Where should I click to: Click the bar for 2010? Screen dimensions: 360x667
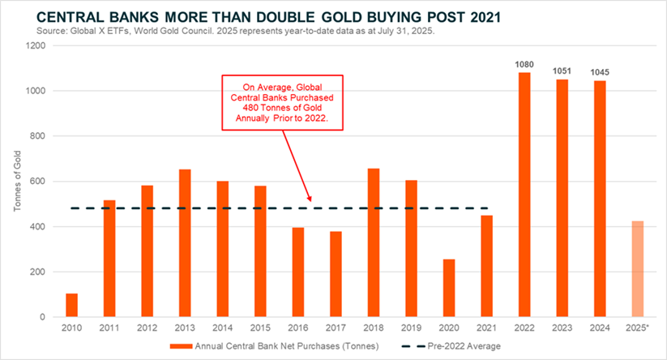71,305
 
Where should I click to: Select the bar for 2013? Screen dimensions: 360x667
185,243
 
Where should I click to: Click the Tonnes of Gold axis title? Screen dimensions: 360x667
17,182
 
